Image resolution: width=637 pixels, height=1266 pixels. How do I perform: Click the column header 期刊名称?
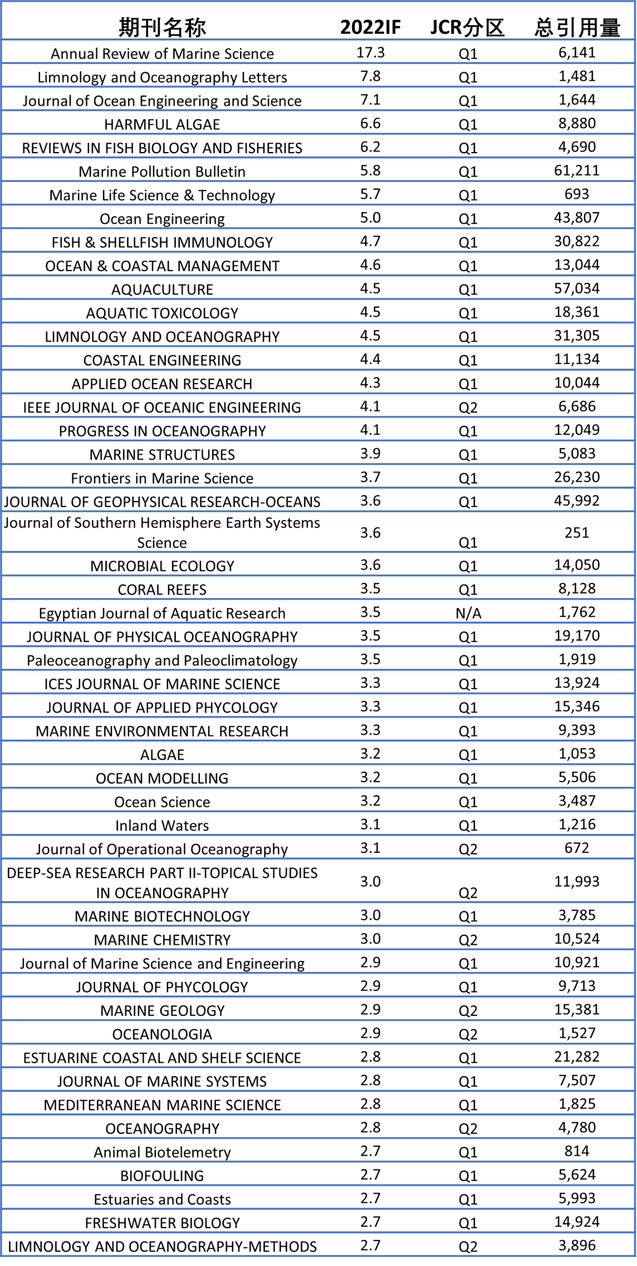pos(162,27)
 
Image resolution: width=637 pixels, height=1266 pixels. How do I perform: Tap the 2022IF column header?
pos(370,27)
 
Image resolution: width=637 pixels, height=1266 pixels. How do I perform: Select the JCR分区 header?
pos(468,27)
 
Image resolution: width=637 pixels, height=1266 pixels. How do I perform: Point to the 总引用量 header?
pos(577,27)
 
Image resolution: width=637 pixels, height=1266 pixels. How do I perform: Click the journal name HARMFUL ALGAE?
pos(162,124)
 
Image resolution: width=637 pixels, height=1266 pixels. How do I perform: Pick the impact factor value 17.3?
pos(370,52)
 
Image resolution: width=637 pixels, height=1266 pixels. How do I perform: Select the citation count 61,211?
pos(577,170)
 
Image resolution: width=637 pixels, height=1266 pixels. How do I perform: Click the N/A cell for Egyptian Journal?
pos(468,614)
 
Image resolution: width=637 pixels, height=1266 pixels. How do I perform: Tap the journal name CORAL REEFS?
pos(162,590)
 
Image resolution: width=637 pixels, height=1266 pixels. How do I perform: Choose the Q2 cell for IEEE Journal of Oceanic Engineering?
pos(468,407)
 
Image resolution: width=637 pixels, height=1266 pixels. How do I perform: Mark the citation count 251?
pos(577,533)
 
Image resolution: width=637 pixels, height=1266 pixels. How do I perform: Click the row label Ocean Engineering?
pos(162,219)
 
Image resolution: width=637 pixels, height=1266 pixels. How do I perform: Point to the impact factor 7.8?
pos(370,76)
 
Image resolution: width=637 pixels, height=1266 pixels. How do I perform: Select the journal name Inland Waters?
pos(162,826)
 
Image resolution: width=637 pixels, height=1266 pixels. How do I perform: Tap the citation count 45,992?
pos(577,500)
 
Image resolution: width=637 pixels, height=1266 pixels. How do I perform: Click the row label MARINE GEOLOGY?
pos(162,1011)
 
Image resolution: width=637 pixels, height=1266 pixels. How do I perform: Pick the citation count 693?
pos(577,194)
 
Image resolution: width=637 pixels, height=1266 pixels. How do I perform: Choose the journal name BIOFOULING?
pos(162,1176)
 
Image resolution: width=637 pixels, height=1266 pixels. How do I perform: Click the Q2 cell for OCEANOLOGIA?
pos(468,1034)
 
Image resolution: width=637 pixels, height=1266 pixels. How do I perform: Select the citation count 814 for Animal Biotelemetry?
pos(577,1151)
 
